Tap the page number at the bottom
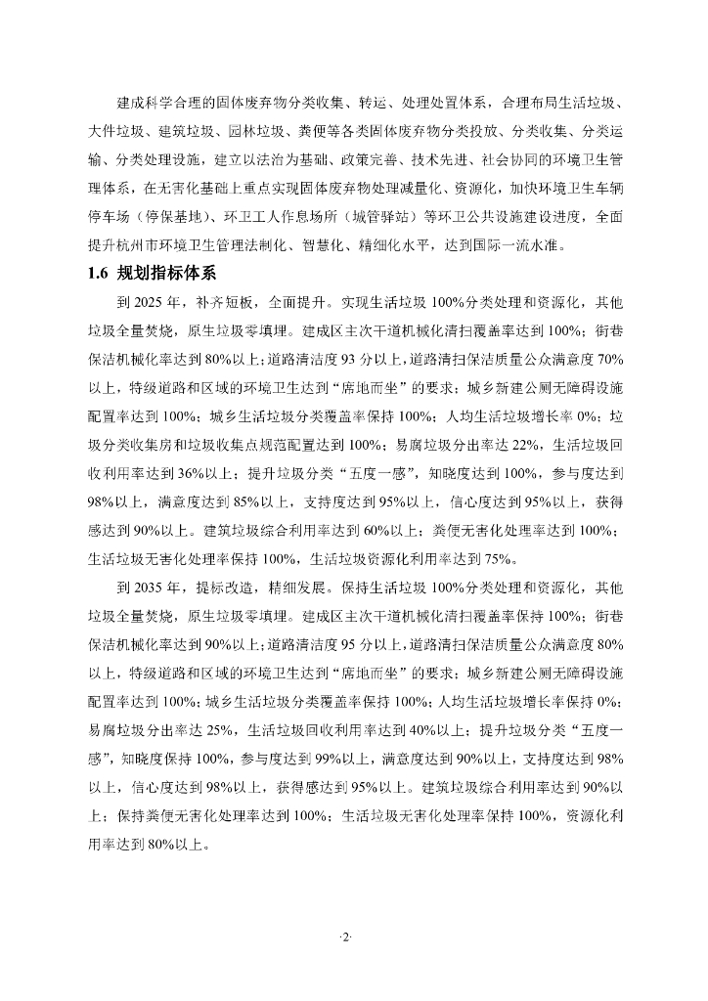click(344, 937)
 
